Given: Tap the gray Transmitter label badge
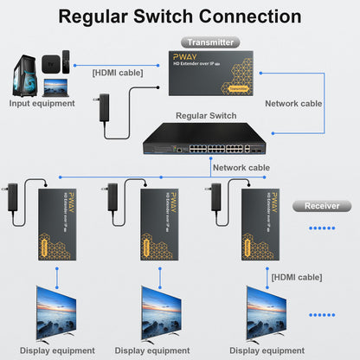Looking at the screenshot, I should point(210,42).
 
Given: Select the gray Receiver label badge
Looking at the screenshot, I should point(321,206).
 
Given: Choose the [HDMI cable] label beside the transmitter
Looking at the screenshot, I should point(119,74).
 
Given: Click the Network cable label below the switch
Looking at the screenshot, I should point(241,168).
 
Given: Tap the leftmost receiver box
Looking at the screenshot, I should point(57,224).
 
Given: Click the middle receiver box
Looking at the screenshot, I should point(160,224).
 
